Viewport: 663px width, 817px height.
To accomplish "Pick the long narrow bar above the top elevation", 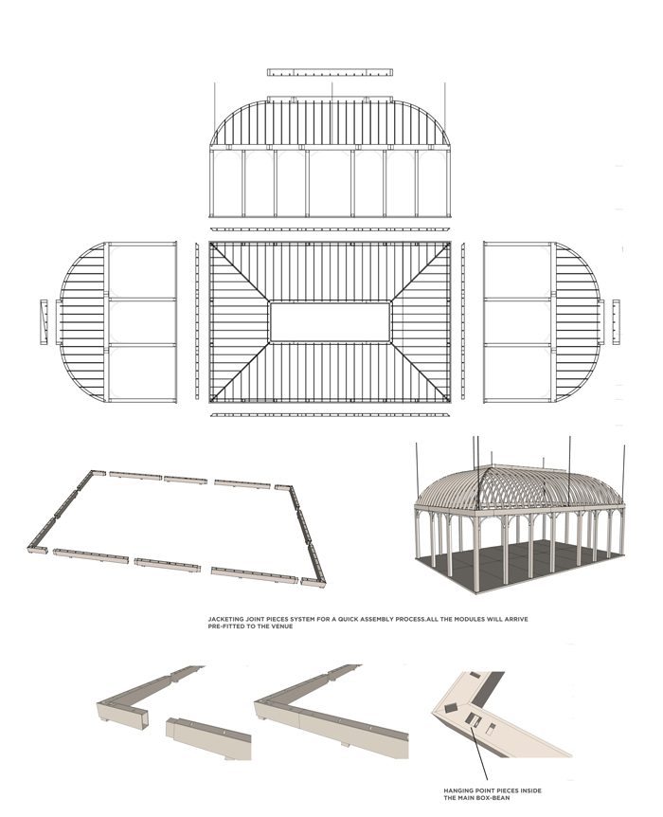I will pos(330,72).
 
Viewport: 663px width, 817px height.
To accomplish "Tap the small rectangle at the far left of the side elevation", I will pos(43,322).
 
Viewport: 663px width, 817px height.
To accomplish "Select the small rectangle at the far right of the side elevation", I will pos(617,322).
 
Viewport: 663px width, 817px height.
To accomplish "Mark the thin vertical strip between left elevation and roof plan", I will pos(197,322).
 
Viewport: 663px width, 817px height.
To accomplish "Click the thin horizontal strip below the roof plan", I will pos(330,414).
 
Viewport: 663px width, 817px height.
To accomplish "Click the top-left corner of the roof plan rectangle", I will pos(211,244).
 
